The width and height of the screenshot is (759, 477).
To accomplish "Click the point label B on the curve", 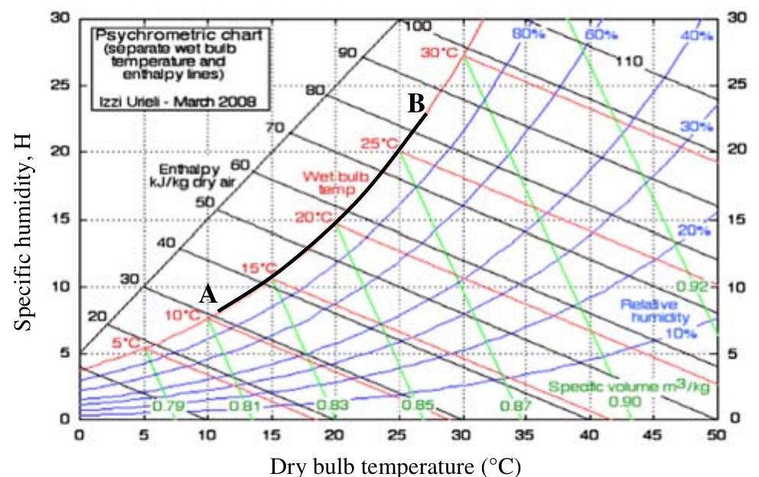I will coord(416,103).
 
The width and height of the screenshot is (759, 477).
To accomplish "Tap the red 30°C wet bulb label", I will coord(438,53).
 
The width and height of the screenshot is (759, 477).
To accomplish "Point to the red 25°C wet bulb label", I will coord(380,143).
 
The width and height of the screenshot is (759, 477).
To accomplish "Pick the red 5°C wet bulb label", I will coord(127,343).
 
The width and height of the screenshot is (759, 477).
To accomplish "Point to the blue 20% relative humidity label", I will coord(694,231).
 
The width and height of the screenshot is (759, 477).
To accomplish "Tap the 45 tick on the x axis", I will coord(653,434).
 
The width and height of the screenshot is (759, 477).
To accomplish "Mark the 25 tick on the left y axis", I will coord(62,85).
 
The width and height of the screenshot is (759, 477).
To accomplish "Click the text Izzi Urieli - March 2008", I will coord(168,100).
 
